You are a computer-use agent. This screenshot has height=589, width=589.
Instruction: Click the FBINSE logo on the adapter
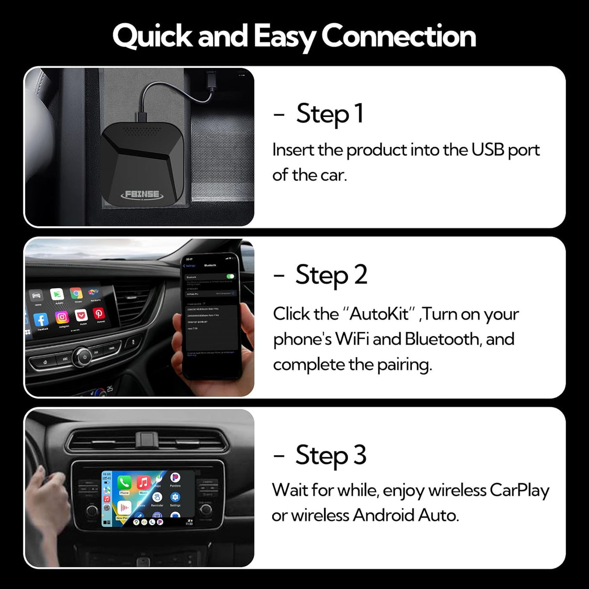[x=142, y=194]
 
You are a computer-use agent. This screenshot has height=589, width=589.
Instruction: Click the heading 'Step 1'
[x=329, y=114]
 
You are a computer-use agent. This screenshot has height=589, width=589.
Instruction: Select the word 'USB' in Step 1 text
[x=488, y=150]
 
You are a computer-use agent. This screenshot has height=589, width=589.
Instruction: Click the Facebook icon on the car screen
[x=41, y=319]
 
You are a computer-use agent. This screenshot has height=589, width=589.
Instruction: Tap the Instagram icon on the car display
[x=62, y=317]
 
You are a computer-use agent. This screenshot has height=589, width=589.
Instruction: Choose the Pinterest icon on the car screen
[x=99, y=314]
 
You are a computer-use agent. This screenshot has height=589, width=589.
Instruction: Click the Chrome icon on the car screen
[x=76, y=293]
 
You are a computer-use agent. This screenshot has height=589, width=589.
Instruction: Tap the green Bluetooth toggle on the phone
[x=230, y=277]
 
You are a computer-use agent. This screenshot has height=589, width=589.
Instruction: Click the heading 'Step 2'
[x=331, y=275]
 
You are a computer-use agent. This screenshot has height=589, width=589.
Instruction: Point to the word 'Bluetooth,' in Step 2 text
[x=442, y=339]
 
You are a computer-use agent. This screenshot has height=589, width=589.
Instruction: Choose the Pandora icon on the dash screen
[x=175, y=478]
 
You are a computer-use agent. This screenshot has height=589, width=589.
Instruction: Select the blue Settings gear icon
[x=175, y=497]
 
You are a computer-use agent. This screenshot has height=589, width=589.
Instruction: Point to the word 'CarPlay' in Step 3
[x=519, y=490]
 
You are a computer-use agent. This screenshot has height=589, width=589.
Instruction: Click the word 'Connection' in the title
[x=398, y=36]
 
